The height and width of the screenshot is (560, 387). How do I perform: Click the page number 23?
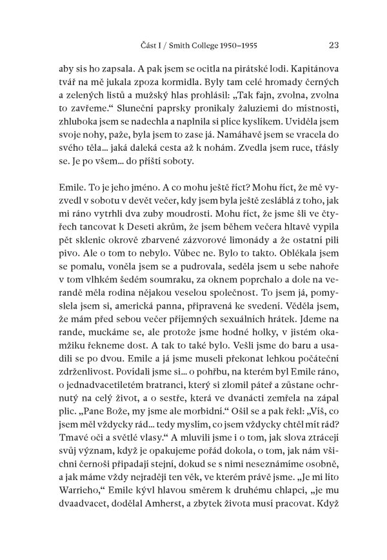click(x=334, y=46)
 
